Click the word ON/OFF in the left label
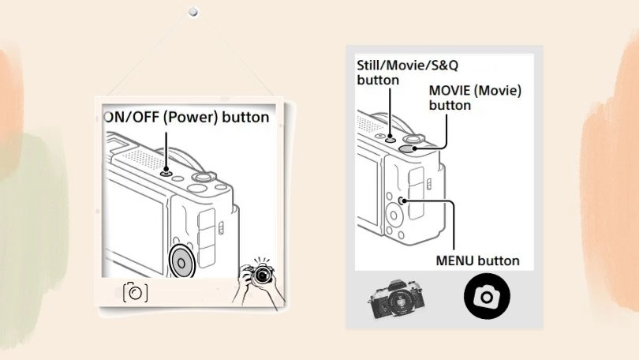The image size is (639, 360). click(129, 118)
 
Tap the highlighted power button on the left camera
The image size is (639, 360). click(166, 172)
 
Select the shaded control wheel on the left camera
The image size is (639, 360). click(182, 262)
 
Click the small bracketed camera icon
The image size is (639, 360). click(135, 292)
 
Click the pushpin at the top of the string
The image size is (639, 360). click(192, 13)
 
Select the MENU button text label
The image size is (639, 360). click(478, 260)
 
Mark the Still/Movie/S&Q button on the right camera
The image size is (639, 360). click(392, 136)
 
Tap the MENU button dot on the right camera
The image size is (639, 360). click(403, 201)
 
